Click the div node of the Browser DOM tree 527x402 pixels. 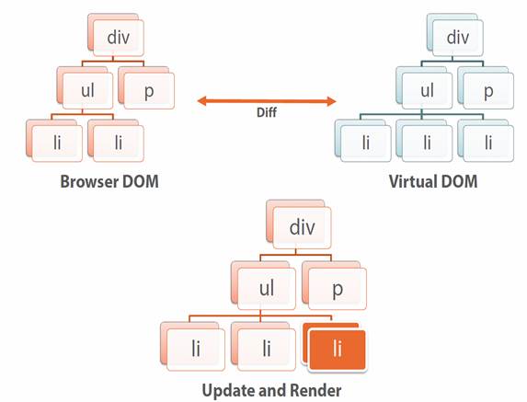pyautogui.click(x=116, y=35)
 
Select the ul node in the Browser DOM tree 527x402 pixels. pyautogui.click(x=85, y=88)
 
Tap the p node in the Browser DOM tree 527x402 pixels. pyautogui.click(x=146, y=88)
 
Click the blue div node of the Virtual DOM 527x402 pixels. pyautogui.click(x=455, y=35)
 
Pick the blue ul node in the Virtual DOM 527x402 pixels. pyautogui.click(x=424, y=88)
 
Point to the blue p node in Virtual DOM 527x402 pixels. pyautogui.click(x=486, y=88)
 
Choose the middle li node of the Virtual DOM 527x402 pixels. pyautogui.click(x=424, y=141)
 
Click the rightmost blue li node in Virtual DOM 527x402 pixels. pyautogui.click(x=486, y=141)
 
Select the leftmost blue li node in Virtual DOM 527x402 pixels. pyautogui.click(x=363, y=141)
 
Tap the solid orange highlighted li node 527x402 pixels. pyautogui.click(x=335, y=347)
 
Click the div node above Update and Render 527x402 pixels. pyautogui.click(x=299, y=224)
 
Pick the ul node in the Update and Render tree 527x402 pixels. pyautogui.click(x=263, y=286)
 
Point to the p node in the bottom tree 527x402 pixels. pyautogui.click(x=335, y=286)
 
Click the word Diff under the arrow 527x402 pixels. pyautogui.click(x=267, y=112)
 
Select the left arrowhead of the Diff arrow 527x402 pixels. pyautogui.click(x=201, y=101)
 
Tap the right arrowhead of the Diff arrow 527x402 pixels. pyautogui.click(x=332, y=101)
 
